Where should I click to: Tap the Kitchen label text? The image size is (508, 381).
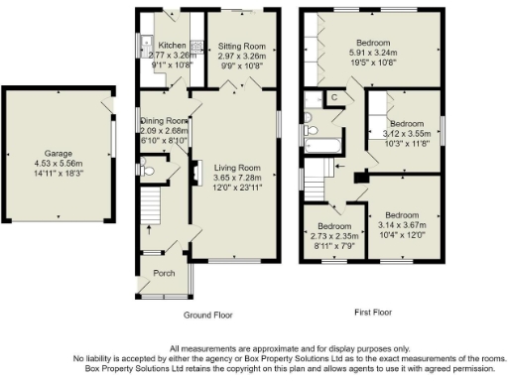click(172, 46)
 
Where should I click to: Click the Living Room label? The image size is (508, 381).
click(237, 169)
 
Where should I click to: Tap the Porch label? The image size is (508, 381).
click(163, 273)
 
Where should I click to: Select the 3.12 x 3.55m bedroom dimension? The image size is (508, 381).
click(403, 132)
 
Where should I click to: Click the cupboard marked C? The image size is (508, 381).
click(334, 96)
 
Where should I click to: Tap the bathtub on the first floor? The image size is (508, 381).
click(322, 146)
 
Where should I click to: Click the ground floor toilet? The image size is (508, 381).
click(148, 171)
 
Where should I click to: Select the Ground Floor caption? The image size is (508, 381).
click(207, 315)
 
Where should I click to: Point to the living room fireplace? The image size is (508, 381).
click(196, 171)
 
